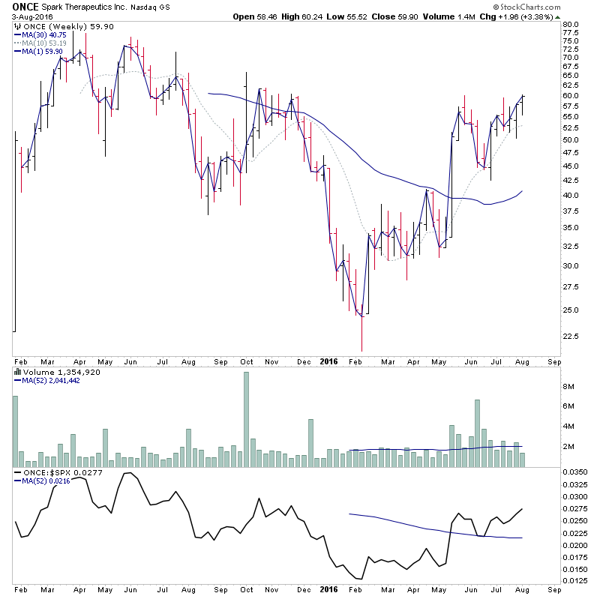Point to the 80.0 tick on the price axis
tap(571, 25)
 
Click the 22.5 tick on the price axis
tap(571, 336)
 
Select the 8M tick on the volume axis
tap(568, 387)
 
